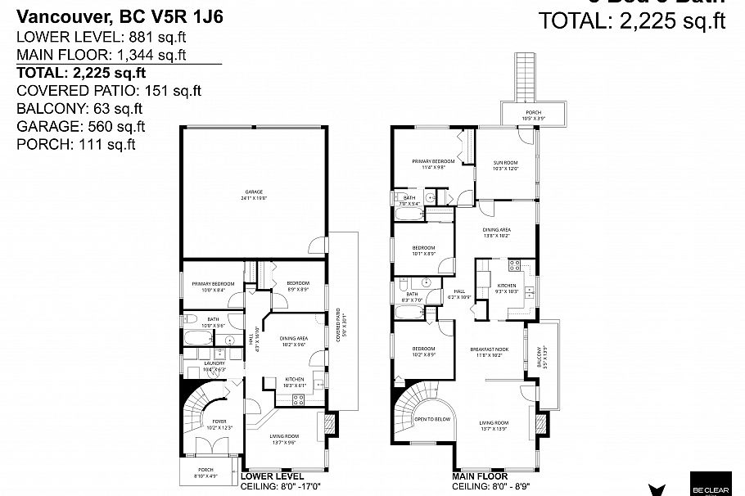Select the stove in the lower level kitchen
(298, 399)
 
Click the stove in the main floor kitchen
(516, 264)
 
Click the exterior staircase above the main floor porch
(526, 78)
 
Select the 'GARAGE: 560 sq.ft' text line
(81, 126)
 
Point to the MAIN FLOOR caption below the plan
(480, 476)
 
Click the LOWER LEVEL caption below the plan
(273, 476)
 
